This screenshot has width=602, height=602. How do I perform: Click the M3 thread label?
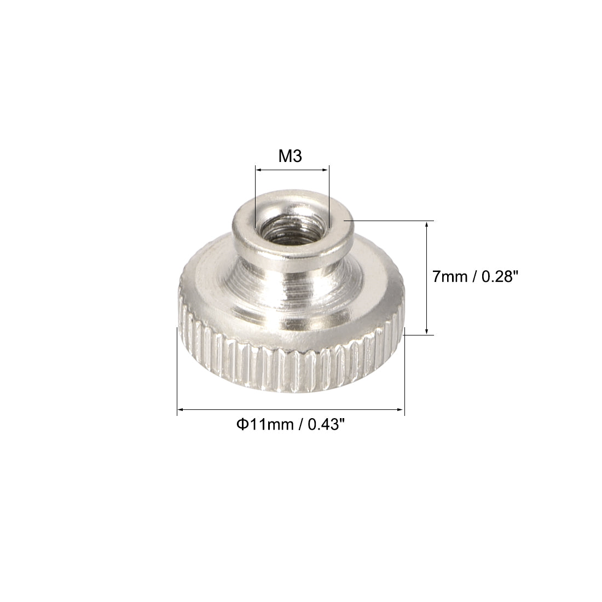click(x=291, y=157)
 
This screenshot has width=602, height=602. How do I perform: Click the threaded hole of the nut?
click(x=291, y=226)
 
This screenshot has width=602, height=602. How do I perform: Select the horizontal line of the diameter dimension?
click(x=291, y=409)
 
